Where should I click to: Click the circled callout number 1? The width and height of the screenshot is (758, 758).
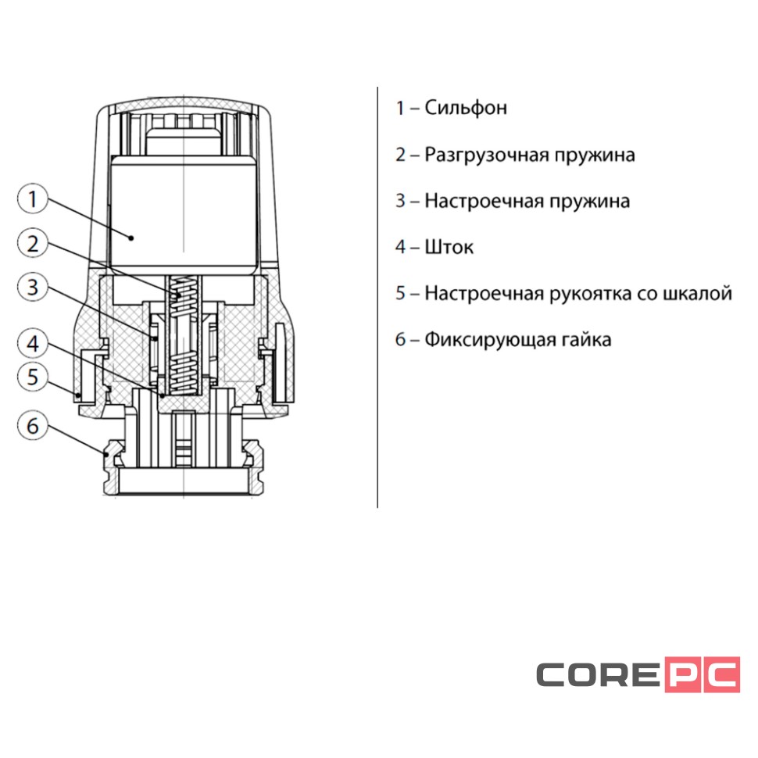click(x=32, y=200)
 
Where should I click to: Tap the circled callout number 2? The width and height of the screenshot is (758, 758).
click(x=32, y=244)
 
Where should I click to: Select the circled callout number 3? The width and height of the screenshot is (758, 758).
click(x=32, y=288)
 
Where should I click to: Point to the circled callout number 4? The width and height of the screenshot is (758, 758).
click(x=32, y=343)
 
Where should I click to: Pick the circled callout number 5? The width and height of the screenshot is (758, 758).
click(x=32, y=377)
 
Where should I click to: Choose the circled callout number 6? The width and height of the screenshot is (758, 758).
click(x=32, y=427)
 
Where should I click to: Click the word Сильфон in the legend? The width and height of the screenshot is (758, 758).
click(x=466, y=108)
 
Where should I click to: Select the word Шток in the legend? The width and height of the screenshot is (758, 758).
click(x=449, y=248)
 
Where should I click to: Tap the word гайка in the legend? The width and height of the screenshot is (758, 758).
click(x=585, y=341)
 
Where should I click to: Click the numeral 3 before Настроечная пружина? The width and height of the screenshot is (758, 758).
click(x=401, y=202)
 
